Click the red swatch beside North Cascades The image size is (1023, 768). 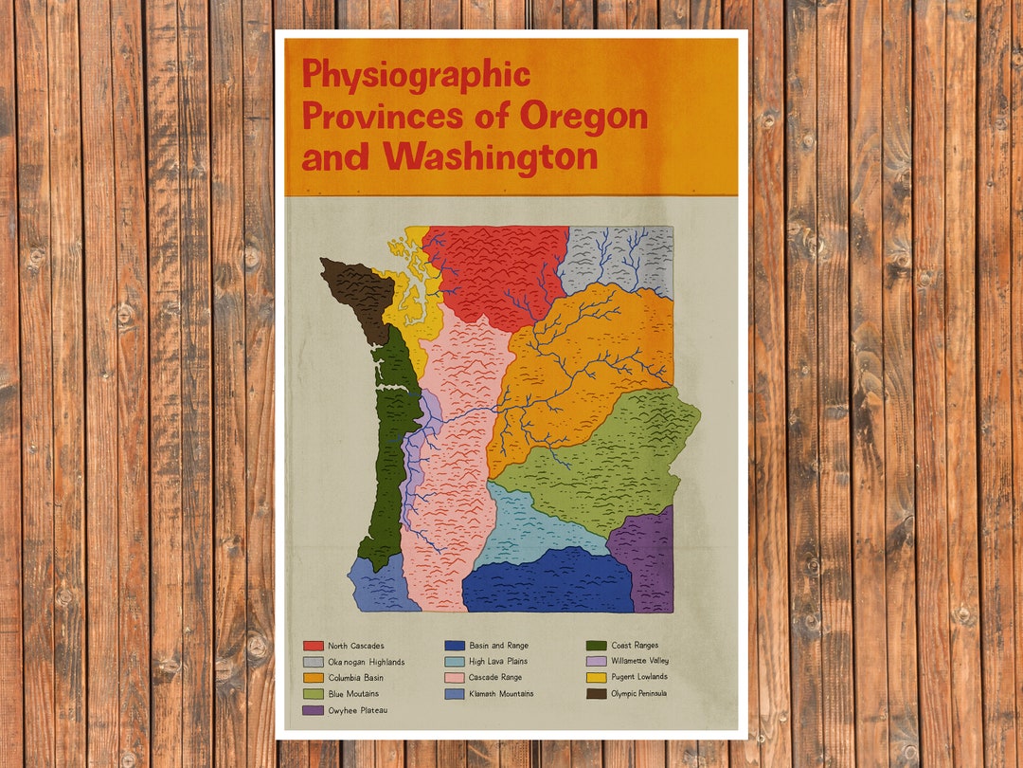pos(313,646)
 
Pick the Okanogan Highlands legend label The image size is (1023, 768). pos(367,662)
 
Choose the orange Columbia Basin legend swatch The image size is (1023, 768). pos(313,678)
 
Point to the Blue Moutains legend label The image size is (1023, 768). pos(353,694)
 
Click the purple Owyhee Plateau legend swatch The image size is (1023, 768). pos(313,710)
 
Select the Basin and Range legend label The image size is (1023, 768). pos(498,646)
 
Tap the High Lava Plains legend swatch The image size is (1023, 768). pos(454,662)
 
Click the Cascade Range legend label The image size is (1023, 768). pos(495,678)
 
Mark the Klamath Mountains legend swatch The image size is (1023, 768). pos(454,694)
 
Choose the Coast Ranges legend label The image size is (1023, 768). pos(635,646)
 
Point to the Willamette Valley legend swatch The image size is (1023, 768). pos(596,662)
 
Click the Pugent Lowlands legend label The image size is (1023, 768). pos(639,677)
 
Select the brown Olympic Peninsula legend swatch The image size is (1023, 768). pos(596,694)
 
